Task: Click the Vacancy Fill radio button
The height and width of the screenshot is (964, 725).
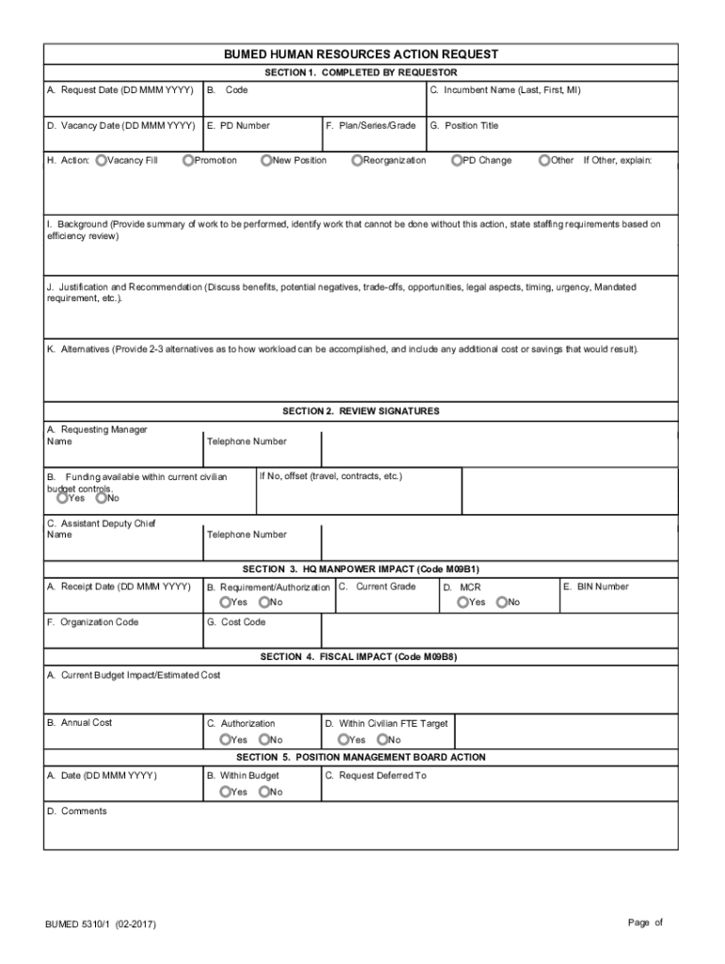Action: (101, 161)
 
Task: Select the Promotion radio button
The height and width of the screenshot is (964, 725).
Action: (188, 161)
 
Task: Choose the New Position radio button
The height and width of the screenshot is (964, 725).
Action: (266, 161)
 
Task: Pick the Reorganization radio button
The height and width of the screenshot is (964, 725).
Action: (357, 161)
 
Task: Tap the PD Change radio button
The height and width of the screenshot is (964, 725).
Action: (456, 161)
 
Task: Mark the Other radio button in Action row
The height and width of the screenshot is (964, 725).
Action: (544, 161)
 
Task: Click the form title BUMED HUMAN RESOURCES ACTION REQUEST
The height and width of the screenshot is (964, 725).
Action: (361, 55)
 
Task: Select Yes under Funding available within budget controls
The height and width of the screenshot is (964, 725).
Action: (61, 498)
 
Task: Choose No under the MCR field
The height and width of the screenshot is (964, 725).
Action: (502, 602)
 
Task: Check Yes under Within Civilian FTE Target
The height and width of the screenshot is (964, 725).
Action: (344, 740)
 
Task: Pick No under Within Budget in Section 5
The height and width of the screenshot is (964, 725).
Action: (265, 793)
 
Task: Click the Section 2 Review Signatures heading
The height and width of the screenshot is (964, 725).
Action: (361, 411)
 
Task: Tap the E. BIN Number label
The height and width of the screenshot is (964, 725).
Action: (595, 586)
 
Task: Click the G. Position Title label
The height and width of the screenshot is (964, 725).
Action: (464, 125)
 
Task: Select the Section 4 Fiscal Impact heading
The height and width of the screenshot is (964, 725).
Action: (361, 657)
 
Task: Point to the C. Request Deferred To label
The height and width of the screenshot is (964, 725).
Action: (376, 776)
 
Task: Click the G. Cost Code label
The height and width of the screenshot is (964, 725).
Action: (236, 622)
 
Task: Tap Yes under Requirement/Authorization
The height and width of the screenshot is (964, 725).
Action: (225, 602)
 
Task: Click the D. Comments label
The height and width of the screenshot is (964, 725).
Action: (77, 811)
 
